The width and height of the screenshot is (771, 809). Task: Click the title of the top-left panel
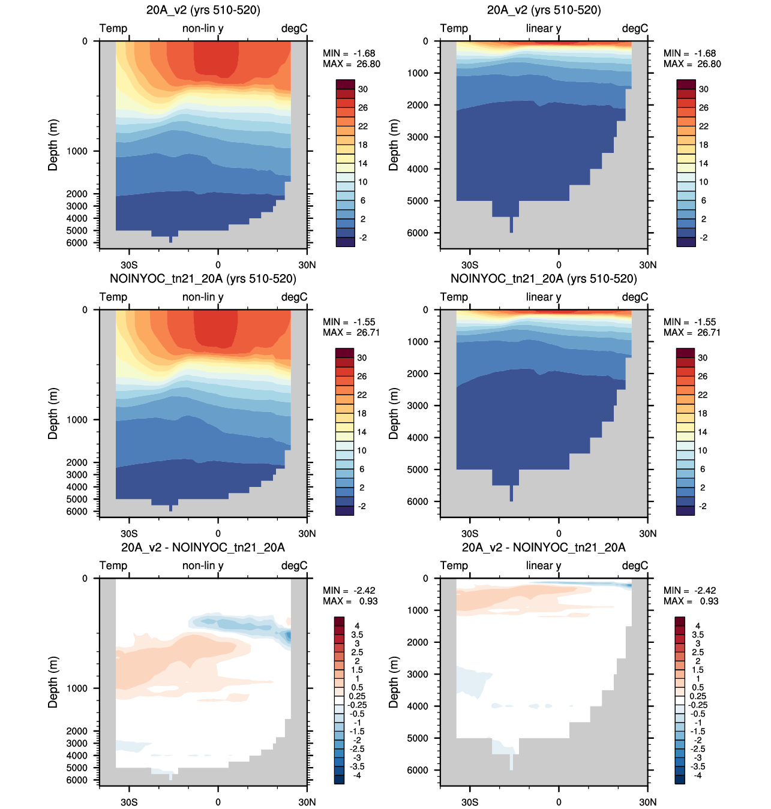point(203,10)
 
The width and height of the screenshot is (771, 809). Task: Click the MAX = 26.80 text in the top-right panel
point(692,64)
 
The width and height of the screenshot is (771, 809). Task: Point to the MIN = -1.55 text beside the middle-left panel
point(349,322)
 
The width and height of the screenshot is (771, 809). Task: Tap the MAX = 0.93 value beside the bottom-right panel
point(691,601)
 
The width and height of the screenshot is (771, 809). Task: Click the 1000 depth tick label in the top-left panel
point(77,151)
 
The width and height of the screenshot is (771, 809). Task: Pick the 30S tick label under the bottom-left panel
point(129,802)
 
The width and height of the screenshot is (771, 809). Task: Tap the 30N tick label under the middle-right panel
point(648,533)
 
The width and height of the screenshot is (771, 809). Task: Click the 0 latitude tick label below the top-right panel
point(559,264)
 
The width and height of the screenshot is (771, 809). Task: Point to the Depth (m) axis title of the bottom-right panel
point(394,682)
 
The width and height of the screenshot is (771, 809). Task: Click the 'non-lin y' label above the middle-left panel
point(203,297)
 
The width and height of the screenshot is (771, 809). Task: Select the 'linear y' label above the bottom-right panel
point(543,566)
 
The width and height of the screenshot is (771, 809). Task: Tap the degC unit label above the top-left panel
point(294,28)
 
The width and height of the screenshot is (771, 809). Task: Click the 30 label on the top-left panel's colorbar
point(363,89)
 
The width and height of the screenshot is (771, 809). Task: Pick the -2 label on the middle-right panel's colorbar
point(703,506)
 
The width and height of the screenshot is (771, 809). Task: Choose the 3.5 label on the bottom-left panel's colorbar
point(356,634)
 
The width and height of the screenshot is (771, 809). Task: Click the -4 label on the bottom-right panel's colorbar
point(698,775)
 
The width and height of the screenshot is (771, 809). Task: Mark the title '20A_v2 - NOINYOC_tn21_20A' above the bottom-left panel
point(203,548)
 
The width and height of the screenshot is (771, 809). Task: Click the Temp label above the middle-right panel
point(454,297)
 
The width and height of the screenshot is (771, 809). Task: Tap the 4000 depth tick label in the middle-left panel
point(77,487)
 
